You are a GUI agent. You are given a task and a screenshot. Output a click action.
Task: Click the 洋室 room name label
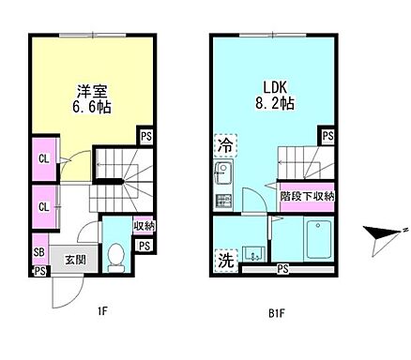pyautogui.click(x=92, y=91)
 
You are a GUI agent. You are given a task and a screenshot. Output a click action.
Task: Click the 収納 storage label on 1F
pyautogui.click(x=144, y=226)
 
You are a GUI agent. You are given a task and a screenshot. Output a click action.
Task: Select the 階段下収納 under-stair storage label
pyautogui.click(x=308, y=196)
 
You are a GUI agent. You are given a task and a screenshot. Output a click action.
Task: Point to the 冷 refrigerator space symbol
pyautogui.click(x=225, y=146)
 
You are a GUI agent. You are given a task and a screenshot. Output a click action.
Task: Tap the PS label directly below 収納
pyautogui.click(x=144, y=247)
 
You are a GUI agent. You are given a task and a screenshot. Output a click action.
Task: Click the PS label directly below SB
pyautogui.click(x=39, y=271)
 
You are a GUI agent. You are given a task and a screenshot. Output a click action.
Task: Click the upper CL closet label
pyautogui.click(x=43, y=157)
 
